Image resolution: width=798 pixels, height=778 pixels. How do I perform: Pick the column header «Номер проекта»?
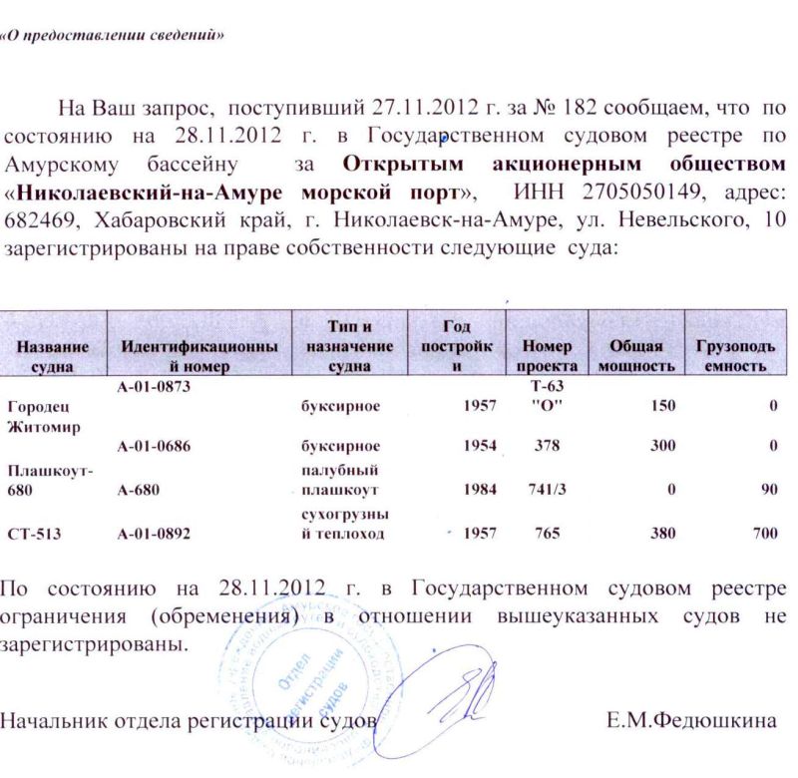pos(546,356)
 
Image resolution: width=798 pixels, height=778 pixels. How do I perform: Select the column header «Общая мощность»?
pos(635,356)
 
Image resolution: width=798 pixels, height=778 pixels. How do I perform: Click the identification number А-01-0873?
pos(154,387)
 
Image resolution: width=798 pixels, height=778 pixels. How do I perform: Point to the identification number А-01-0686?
pos(154,445)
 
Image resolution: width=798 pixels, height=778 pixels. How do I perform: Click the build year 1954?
pos(480,445)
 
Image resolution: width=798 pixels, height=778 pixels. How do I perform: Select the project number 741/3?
pos(546,489)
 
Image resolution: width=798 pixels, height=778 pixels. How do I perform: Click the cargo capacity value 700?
pos(765,534)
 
